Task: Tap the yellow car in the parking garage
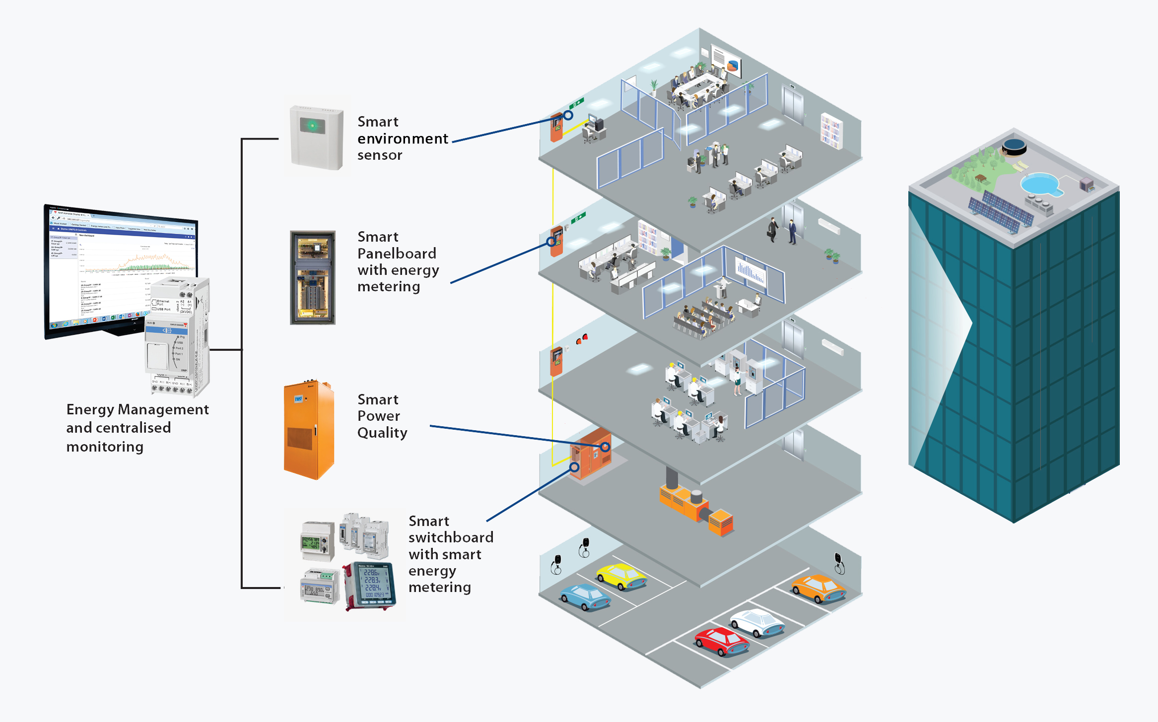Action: pyautogui.click(x=621, y=577)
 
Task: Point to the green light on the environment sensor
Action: pyautogui.click(x=312, y=126)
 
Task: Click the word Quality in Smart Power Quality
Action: pyautogui.click(x=382, y=433)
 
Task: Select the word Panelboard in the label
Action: pyautogui.click(x=397, y=254)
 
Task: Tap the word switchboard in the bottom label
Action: pyautogui.click(x=451, y=537)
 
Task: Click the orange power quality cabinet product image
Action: pyautogui.click(x=308, y=430)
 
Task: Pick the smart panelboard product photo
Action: pyautogui.click(x=313, y=277)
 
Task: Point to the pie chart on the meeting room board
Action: pyautogui.click(x=733, y=66)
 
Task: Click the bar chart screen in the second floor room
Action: pyautogui.click(x=750, y=272)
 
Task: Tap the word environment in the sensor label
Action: pyautogui.click(x=403, y=138)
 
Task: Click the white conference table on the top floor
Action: pyautogui.click(x=697, y=87)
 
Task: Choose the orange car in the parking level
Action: pyautogui.click(x=818, y=589)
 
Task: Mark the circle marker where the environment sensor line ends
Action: pyautogui.click(x=568, y=115)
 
